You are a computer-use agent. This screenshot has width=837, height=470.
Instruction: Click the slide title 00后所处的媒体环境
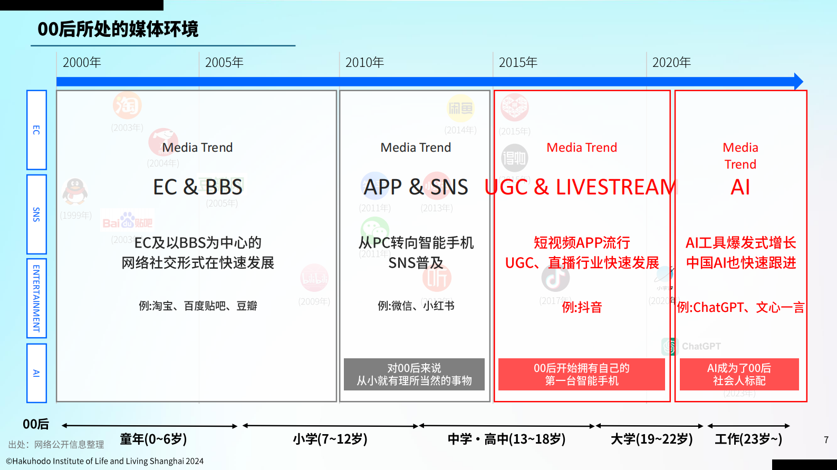pos(118,29)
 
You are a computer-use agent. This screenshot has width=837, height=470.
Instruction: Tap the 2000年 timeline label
pos(82,63)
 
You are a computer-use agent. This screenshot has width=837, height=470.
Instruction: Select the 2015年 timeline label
pos(518,63)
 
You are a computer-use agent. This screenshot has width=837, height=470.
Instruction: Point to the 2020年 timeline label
pos(671,63)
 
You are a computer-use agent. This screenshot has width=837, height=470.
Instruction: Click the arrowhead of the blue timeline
pos(798,82)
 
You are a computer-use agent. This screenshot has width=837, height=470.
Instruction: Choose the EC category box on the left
pos(36,130)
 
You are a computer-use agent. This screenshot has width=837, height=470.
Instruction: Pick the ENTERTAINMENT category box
pos(36,298)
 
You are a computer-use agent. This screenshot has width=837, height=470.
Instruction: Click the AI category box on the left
pos(36,373)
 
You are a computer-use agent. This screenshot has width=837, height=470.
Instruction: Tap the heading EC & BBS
pos(198,187)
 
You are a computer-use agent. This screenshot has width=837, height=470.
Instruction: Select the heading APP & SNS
pos(416,187)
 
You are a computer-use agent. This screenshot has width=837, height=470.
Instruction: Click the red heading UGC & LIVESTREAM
pos(580,187)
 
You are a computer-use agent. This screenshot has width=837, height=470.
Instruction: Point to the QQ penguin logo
pos(75,191)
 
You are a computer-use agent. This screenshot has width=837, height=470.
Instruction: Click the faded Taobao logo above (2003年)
pos(127,105)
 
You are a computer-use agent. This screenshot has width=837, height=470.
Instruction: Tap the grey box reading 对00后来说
pos(414,375)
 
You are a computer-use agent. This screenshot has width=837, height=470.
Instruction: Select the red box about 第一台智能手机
pos(581,375)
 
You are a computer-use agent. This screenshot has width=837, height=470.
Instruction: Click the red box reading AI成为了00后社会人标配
pos(739,375)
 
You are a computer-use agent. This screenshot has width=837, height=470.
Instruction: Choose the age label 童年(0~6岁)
pos(153,439)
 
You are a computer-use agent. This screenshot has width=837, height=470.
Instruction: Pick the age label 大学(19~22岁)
pos(651,439)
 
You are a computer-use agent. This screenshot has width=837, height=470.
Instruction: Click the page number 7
pos(826,439)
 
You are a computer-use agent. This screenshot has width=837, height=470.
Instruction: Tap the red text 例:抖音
pos(582,307)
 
